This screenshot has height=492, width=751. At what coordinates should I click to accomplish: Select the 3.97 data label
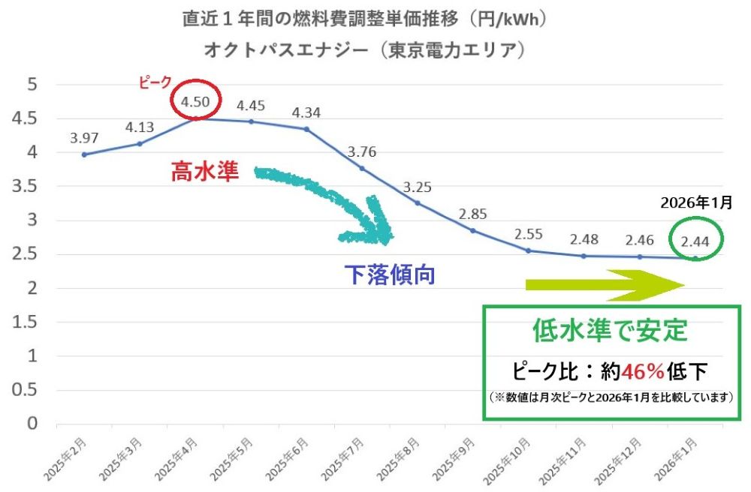(x=83, y=138)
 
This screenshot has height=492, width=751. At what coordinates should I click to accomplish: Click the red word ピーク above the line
(x=155, y=83)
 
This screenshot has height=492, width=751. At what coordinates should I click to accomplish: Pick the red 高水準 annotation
(x=204, y=173)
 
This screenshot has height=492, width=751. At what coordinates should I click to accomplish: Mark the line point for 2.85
(x=473, y=230)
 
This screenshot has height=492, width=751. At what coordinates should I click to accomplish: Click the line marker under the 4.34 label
(x=306, y=129)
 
